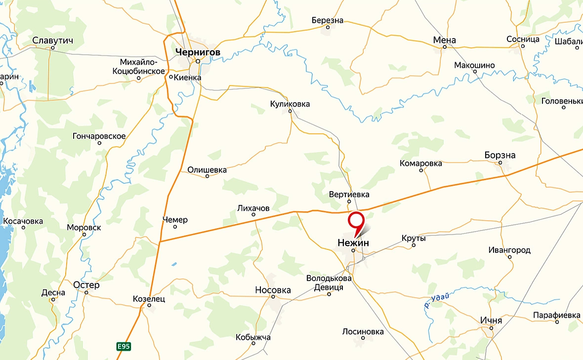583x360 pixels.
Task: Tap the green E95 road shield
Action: pos(124,347)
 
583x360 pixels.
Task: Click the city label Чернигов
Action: pos(197,51)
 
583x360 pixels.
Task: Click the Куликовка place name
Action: pos(290,104)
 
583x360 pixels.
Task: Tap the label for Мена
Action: pos(444,40)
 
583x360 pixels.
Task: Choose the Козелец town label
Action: pos(149,299)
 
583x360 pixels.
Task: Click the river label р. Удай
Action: pos(438,300)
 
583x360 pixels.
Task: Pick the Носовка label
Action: pos(273,290)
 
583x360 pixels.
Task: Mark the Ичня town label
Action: pos(491,320)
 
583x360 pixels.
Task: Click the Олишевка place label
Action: pos(207,170)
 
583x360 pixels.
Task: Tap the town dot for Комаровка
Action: pos(421,170)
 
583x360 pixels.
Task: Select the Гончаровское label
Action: pos(99,136)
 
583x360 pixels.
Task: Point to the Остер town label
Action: pos(86,285)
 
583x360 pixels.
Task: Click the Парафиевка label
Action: pos(556,315)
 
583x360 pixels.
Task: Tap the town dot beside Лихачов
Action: pos(253,215)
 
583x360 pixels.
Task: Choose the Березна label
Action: pos(327,21)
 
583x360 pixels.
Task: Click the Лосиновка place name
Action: pos(363,332)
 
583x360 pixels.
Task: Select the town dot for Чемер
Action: pos(175,227)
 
